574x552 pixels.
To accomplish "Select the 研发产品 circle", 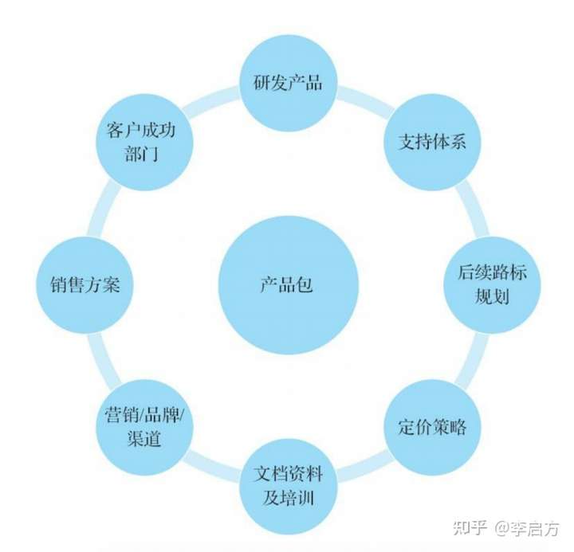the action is [288, 82].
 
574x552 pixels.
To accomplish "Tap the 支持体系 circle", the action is [431, 143].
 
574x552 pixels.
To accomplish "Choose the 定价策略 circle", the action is [431, 426].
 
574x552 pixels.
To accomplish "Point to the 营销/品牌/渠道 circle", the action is [144, 426].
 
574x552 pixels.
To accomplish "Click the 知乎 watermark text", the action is [468, 529].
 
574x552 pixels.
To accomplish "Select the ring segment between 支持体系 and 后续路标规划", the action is [472, 209].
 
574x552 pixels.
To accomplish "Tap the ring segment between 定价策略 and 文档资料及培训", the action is [363, 470].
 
